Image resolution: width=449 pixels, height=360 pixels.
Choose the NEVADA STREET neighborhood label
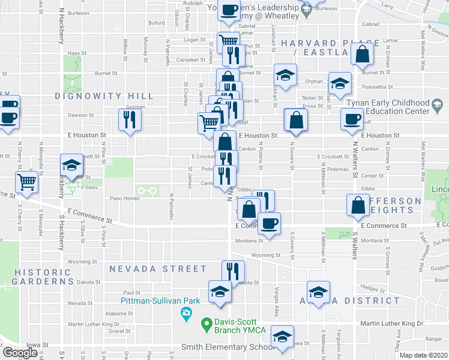pyautogui.click(x=150, y=269)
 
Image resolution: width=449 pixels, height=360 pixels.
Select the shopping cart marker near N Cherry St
pyautogui.click(x=26, y=182)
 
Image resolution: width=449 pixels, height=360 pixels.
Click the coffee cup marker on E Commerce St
pyautogui.click(x=270, y=224)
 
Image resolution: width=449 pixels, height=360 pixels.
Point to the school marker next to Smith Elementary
pyautogui.click(x=282, y=337)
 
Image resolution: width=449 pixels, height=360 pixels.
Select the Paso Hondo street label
pyautogui.click(x=124, y=198)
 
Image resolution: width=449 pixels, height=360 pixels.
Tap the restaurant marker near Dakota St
pyautogui.click(x=233, y=271)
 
